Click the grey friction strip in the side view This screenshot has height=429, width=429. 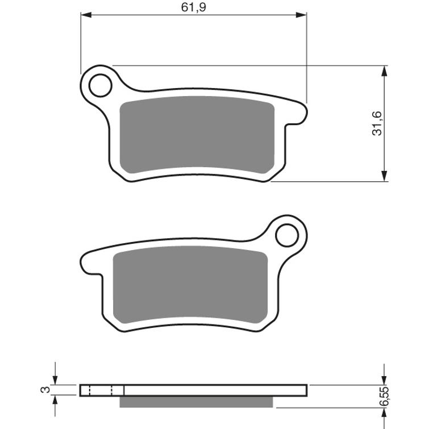click(197, 401)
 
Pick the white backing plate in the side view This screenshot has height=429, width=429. click(216, 390)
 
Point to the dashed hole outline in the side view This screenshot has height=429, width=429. click(101, 390)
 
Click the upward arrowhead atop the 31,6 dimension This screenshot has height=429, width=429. click(385, 70)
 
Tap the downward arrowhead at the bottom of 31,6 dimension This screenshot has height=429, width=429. click(385, 177)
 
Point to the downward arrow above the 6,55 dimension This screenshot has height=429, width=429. click(385, 380)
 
